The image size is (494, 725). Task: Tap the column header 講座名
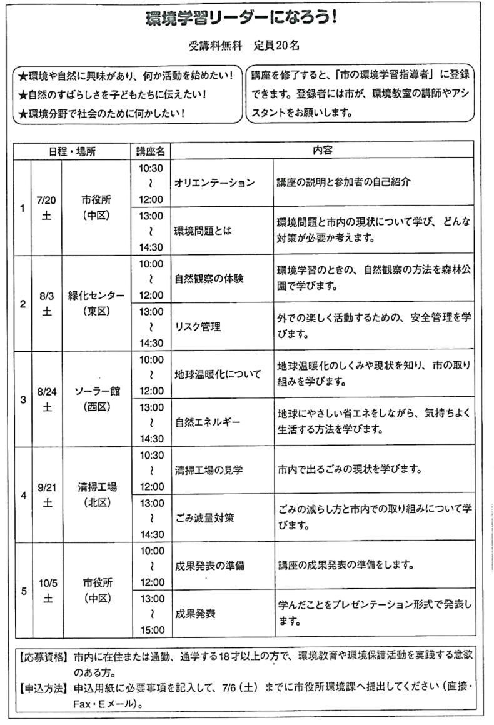(x=151, y=151)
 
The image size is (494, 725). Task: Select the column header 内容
(x=322, y=151)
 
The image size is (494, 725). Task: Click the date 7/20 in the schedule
(x=47, y=201)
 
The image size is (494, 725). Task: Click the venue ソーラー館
(x=97, y=392)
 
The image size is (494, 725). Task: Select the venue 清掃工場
(x=97, y=487)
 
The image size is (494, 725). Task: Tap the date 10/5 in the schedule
(x=47, y=583)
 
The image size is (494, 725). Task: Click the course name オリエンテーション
(x=215, y=183)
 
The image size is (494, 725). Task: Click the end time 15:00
(x=151, y=629)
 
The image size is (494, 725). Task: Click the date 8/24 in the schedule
(x=47, y=392)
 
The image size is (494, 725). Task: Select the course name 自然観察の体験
(x=209, y=279)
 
